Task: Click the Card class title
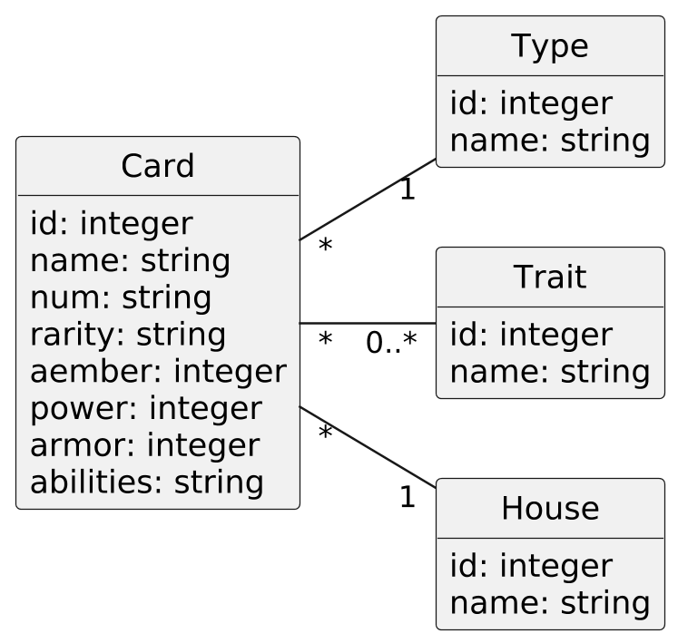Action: point(157,167)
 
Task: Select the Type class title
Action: point(550,46)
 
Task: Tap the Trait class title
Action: point(550,278)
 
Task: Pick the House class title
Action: point(550,509)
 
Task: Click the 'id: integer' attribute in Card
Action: point(111,223)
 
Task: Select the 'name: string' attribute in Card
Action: point(130,260)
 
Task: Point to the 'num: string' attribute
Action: point(120,297)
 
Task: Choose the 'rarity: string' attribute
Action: point(127,335)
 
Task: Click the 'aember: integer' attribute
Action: point(158,372)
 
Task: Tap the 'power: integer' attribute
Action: point(145,409)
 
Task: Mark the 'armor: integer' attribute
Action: point(144,446)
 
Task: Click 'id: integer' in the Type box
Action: point(531,104)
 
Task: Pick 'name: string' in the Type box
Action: point(549,141)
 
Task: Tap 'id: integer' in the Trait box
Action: point(531,336)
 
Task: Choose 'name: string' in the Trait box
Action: point(549,373)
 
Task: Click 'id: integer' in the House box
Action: point(531,567)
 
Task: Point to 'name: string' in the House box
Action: point(549,604)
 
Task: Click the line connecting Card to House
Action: point(368,448)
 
